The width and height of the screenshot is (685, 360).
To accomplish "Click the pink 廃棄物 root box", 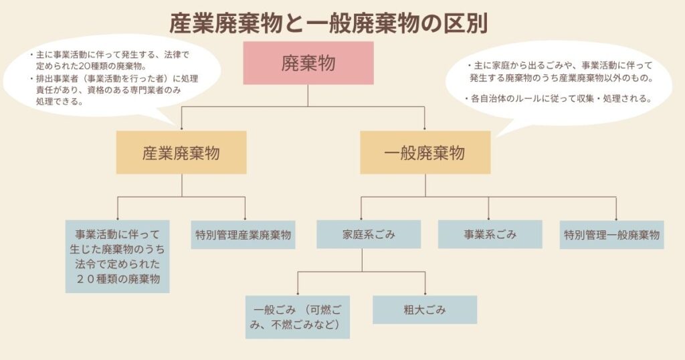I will point(308,63).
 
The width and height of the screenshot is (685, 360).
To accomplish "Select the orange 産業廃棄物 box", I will point(181,153).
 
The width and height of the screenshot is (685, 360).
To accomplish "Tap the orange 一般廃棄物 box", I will point(425,153).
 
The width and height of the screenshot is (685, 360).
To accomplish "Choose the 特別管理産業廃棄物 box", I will point(244,235).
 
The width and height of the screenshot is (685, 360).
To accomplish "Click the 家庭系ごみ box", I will point(369,235).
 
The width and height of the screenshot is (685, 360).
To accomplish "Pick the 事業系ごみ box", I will point(490,235).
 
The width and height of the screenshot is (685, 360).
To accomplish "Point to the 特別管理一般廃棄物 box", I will point(611,235).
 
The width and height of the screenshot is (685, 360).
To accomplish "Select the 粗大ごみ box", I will point(425,310).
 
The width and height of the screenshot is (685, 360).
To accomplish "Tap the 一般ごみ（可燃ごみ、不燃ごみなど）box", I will point(298,317).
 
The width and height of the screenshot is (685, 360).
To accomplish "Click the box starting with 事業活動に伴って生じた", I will point(117,256).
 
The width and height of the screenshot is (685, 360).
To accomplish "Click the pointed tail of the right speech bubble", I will point(498,134).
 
